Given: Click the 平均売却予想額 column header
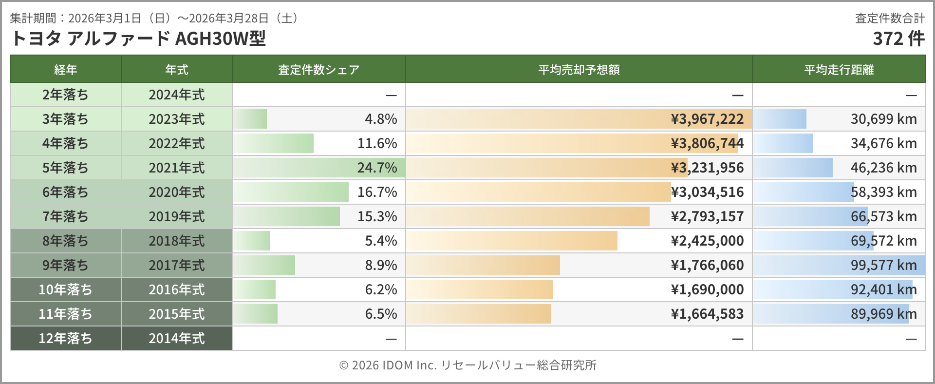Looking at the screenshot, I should click(x=579, y=70).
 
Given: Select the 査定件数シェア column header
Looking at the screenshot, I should click(x=318, y=70).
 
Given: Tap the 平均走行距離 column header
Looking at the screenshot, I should click(x=839, y=70).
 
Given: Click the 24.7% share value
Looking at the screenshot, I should click(x=377, y=168).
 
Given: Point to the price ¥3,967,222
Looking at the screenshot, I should click(x=707, y=119).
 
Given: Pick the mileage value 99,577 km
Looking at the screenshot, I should click(x=883, y=265).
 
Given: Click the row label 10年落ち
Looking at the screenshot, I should click(x=65, y=289).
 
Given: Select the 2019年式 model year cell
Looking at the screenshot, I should click(x=176, y=216).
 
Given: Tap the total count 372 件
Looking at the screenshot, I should click(x=898, y=38).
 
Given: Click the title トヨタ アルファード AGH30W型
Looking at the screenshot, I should click(x=138, y=38).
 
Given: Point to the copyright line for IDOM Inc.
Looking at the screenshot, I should click(x=467, y=365).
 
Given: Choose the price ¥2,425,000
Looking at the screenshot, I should click(x=707, y=241).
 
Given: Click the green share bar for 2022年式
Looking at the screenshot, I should click(x=274, y=143).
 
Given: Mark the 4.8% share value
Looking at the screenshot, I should click(x=381, y=119).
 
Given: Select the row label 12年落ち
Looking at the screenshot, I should click(x=65, y=338).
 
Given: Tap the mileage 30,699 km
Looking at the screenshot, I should click(x=883, y=119).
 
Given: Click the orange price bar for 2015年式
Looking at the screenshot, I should click(x=479, y=314).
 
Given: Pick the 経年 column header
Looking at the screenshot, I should click(x=65, y=70).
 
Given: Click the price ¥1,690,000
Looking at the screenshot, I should click(x=707, y=289).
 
